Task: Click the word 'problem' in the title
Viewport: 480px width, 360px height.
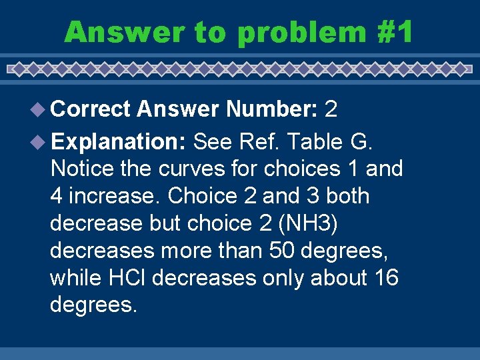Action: (x=301, y=31)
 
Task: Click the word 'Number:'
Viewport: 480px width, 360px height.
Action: (x=271, y=109)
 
